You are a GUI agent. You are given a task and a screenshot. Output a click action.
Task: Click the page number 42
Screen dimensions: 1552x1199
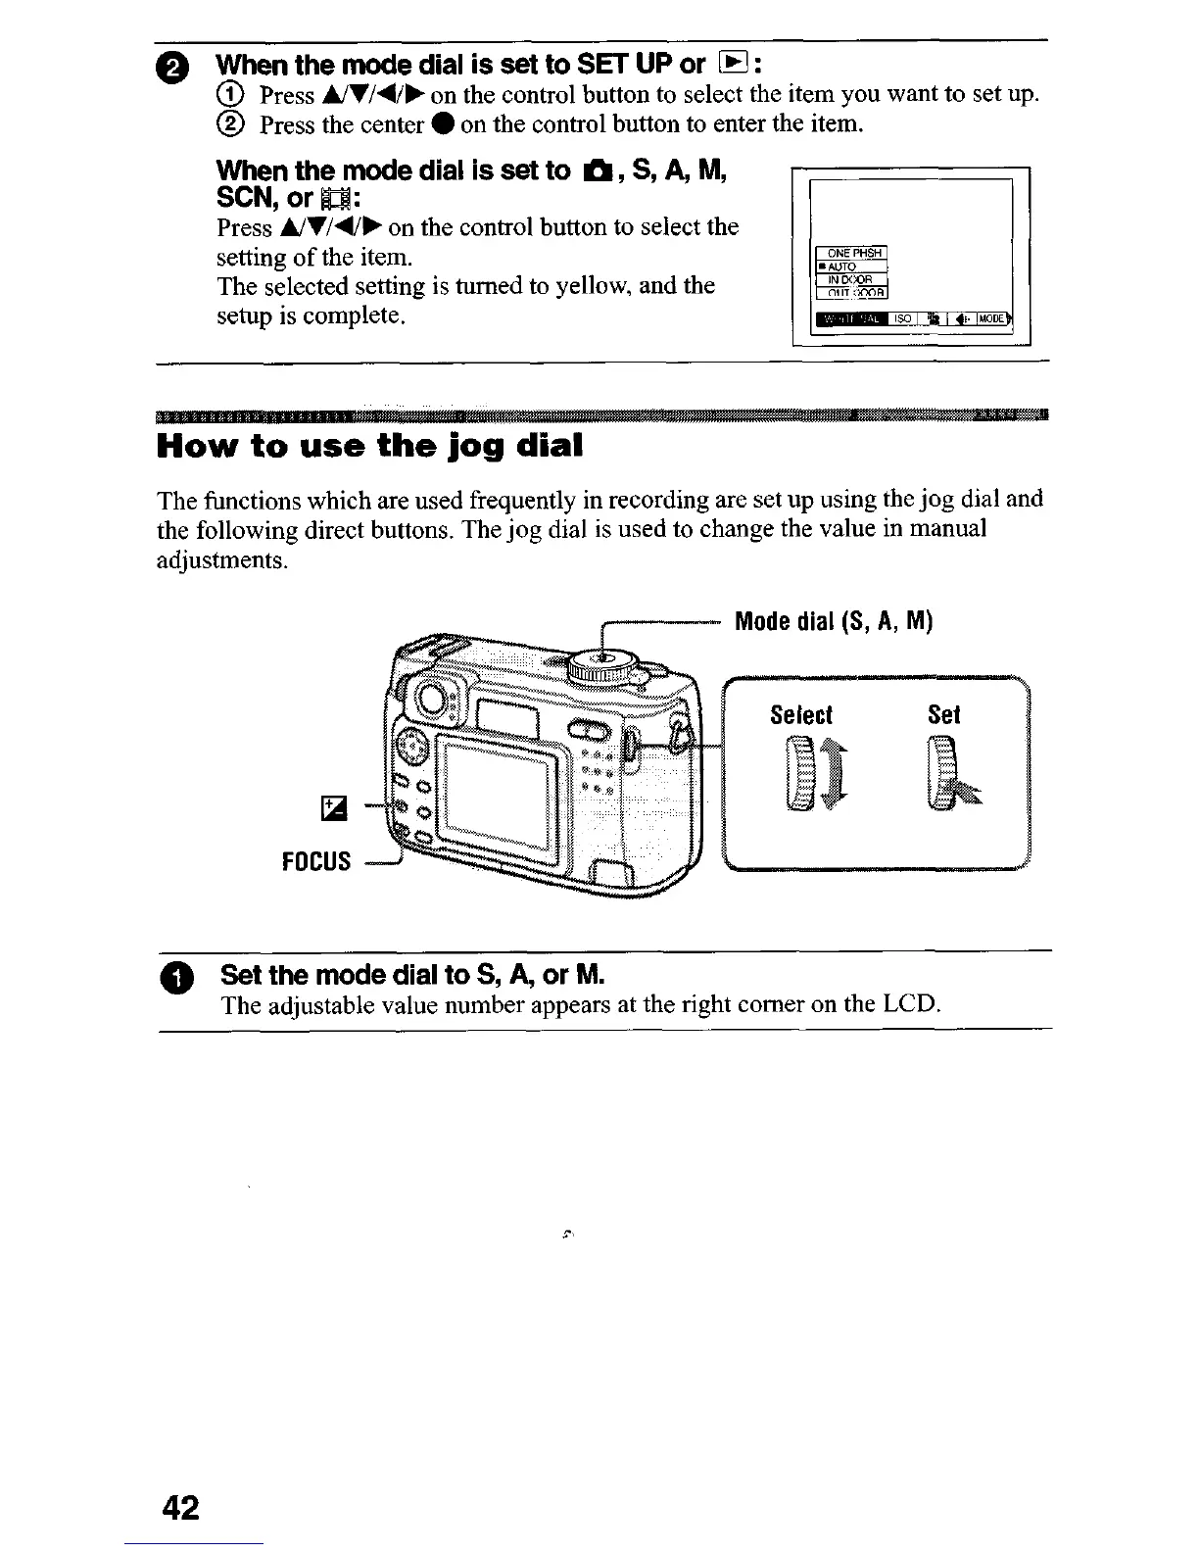click(181, 1506)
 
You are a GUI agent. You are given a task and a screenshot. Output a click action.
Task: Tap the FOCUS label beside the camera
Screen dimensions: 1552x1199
click(315, 861)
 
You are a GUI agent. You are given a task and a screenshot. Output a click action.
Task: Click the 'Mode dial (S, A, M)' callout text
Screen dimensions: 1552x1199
click(834, 621)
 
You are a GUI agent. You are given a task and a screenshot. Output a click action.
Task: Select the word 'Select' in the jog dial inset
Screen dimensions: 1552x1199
click(801, 715)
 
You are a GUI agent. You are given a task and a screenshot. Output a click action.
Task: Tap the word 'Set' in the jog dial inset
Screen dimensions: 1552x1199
click(943, 715)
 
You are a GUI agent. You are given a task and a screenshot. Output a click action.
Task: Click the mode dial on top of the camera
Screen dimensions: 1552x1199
click(604, 667)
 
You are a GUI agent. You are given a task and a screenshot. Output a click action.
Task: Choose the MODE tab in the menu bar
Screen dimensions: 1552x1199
click(992, 318)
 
